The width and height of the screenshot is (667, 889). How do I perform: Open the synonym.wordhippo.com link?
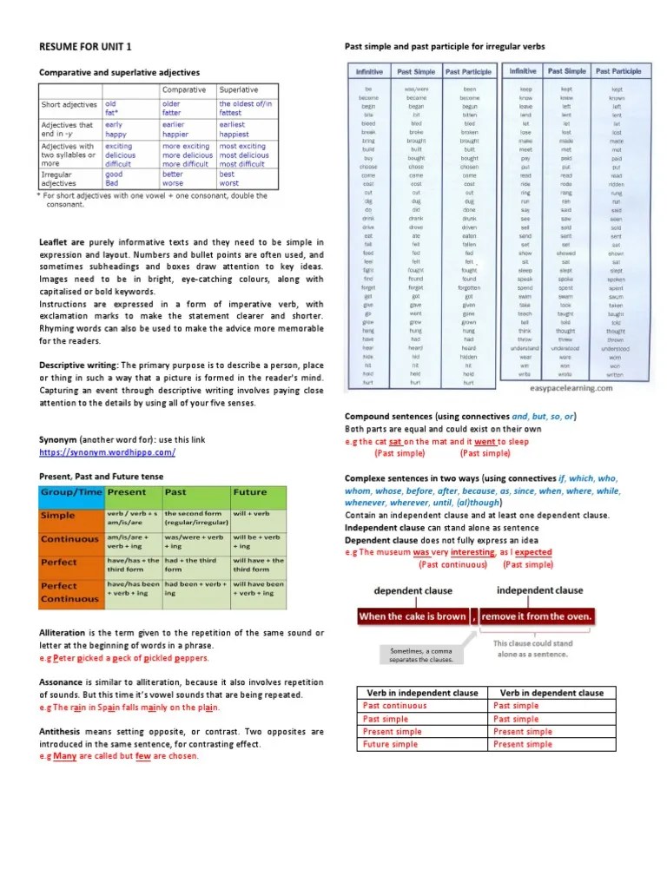(108, 452)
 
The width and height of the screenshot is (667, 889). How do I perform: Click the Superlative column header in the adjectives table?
(239, 89)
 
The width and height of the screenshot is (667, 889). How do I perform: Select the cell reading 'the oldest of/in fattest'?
(246, 109)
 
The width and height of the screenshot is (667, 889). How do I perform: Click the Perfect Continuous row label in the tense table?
(70, 591)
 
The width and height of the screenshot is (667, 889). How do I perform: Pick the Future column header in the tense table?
(250, 492)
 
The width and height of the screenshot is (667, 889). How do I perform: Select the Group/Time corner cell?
(70, 492)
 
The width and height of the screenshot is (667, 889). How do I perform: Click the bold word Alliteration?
(68, 633)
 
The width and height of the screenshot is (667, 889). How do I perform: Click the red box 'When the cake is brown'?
(413, 616)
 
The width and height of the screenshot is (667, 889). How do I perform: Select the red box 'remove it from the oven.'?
(538, 616)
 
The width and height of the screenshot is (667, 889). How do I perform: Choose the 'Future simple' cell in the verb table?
(390, 744)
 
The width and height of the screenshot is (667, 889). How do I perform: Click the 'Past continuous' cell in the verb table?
(395, 706)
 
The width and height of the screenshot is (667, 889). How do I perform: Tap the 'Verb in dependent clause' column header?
(547, 693)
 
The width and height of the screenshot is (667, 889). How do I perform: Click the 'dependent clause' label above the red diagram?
(413, 590)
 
